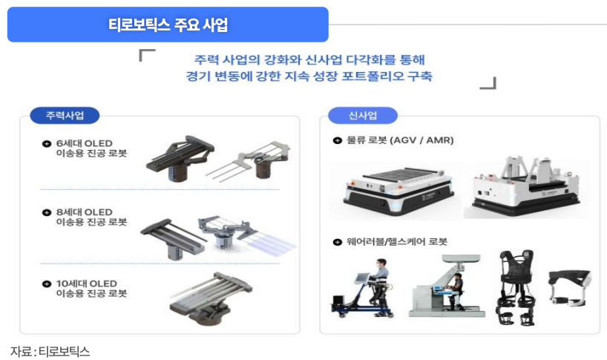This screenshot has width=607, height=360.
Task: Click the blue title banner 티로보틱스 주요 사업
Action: click(168, 24)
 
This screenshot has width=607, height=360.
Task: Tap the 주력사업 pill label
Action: click(65, 116)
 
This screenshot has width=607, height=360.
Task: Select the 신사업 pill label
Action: click(362, 116)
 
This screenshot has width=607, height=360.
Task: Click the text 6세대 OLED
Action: click(83, 143)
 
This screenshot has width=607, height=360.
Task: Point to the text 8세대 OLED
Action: click(83, 212)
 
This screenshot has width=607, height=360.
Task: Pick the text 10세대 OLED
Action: click(86, 283)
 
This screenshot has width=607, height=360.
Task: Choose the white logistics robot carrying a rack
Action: click(525, 187)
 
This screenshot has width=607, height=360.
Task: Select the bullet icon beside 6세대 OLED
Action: click(47, 143)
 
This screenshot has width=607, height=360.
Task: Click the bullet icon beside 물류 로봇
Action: click(337, 140)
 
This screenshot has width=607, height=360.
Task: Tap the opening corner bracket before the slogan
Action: click(147, 54)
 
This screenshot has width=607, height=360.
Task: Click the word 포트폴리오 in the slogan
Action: click(361, 76)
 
